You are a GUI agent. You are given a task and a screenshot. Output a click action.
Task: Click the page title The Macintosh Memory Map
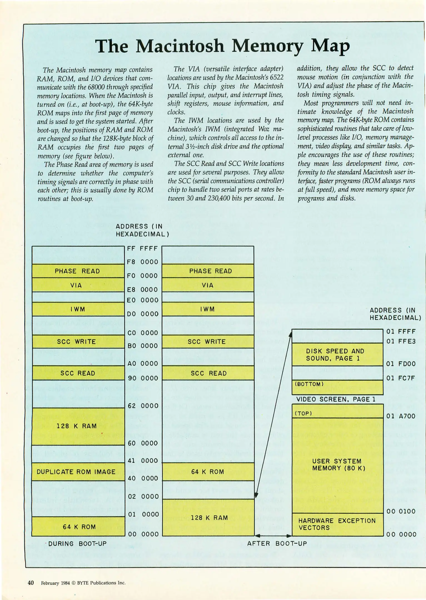click(x=222, y=46)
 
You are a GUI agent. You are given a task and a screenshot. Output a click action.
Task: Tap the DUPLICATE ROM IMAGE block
click(x=76, y=472)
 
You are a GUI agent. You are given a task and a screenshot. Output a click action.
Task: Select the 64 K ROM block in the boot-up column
click(x=79, y=527)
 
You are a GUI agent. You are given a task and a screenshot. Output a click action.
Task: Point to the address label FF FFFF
click(x=142, y=248)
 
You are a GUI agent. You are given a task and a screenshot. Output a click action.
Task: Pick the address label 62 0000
click(x=143, y=406)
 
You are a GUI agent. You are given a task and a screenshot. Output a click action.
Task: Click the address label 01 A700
click(x=401, y=416)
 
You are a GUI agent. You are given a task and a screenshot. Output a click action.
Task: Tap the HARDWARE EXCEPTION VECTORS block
click(x=337, y=524)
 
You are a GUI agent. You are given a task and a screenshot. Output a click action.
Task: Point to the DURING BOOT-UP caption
click(x=78, y=544)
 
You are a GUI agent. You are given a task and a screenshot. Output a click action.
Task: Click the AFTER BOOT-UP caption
click(x=277, y=544)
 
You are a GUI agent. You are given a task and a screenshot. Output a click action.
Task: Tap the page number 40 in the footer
click(x=31, y=583)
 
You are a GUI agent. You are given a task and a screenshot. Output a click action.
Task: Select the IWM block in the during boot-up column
click(x=78, y=309)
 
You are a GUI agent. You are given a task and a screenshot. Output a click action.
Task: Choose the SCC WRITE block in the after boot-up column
click(x=207, y=342)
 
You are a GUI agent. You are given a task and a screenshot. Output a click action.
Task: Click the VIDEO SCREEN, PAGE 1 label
click(x=336, y=399)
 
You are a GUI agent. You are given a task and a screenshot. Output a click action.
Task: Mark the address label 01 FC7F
click(x=401, y=378)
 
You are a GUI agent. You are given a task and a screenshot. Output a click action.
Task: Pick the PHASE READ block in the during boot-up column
click(x=77, y=271)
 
